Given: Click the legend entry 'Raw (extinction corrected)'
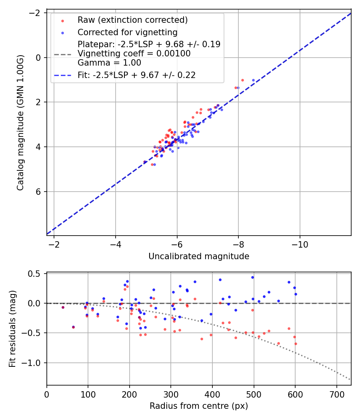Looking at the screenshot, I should [132, 20].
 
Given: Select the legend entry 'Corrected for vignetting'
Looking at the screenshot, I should [127, 32].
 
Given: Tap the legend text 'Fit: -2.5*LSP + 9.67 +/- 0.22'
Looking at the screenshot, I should [136, 75].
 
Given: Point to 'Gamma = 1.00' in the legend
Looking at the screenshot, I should [109, 62].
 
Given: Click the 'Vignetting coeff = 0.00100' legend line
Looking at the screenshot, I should [134, 53].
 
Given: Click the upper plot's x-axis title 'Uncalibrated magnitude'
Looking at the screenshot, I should [199, 256].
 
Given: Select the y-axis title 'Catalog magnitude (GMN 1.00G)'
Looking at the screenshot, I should [21, 122].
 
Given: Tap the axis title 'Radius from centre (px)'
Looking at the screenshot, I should [199, 406].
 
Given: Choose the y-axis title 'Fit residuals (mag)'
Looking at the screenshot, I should [12, 329].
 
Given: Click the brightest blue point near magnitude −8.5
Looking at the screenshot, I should [253, 80].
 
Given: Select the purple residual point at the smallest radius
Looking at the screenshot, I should [63, 307].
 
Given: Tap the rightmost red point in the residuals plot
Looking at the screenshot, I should [296, 344].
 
